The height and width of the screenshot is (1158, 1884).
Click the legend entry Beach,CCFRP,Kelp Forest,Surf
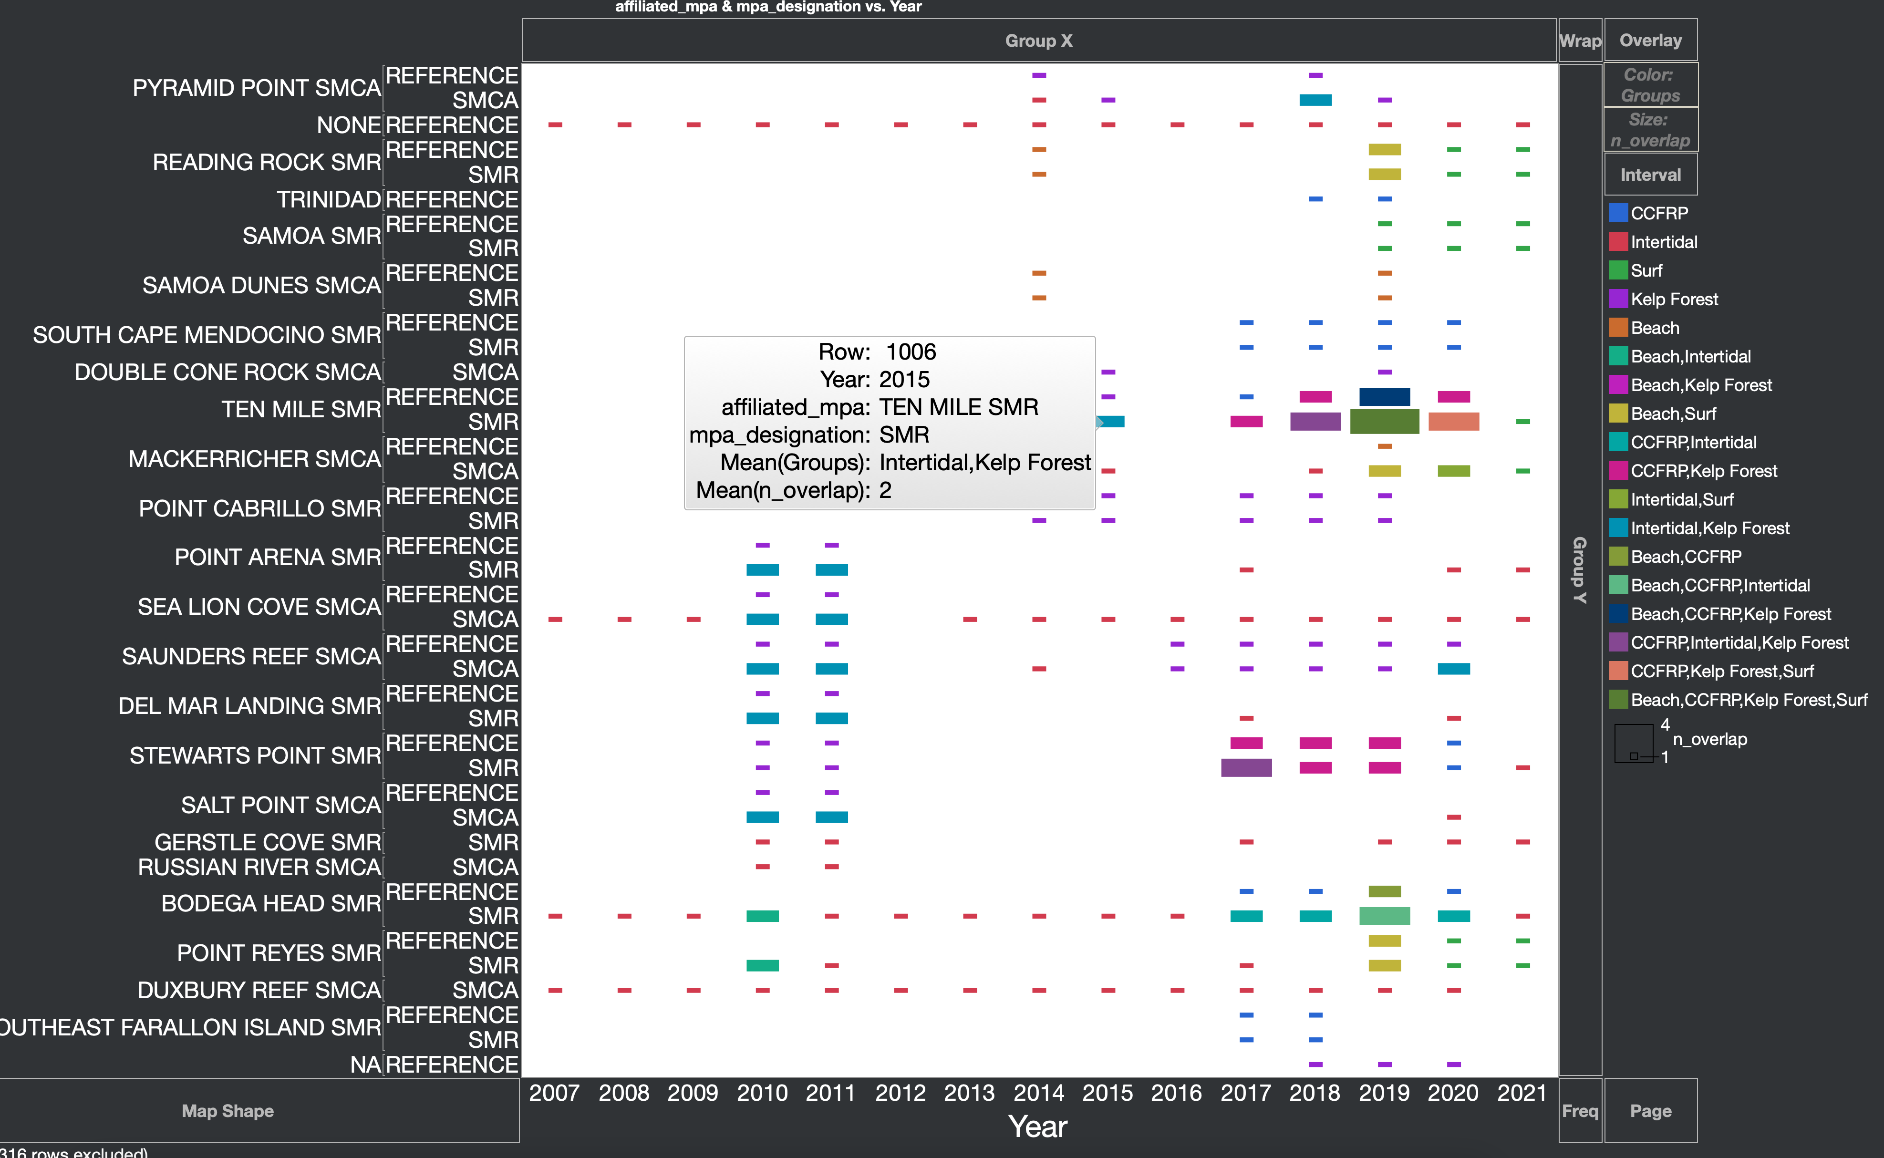coord(1749,700)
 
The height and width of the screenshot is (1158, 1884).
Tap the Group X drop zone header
coord(1038,41)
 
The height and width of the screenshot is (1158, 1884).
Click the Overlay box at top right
coord(1650,41)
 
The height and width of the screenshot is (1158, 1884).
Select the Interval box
coord(1650,175)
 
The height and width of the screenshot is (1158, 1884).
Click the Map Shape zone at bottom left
coord(228,1110)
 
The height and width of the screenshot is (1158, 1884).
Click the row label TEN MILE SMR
coord(301,410)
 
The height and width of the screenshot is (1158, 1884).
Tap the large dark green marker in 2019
coord(1384,421)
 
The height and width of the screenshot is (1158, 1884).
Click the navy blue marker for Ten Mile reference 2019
coord(1384,397)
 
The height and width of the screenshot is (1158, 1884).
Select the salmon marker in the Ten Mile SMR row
coord(1453,421)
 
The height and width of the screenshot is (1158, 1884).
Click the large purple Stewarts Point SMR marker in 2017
coord(1246,767)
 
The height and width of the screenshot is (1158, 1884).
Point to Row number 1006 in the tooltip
coord(911,352)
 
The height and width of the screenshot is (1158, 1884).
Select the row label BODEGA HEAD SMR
coord(270,904)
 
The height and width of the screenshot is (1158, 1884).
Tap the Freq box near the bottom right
coord(1579,1110)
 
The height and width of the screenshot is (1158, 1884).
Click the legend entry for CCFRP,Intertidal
coord(1693,443)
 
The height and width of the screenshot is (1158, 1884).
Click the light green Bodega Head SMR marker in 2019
coord(1384,916)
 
